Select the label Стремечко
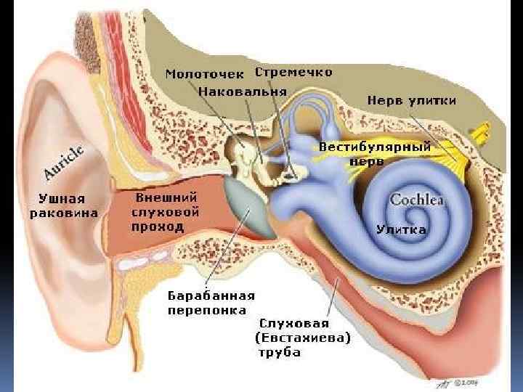(x=293, y=72)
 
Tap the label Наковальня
(x=243, y=93)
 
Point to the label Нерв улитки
(x=411, y=99)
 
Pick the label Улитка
(x=401, y=229)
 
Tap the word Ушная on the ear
(x=63, y=198)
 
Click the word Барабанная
(x=211, y=295)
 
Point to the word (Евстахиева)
(x=302, y=338)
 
